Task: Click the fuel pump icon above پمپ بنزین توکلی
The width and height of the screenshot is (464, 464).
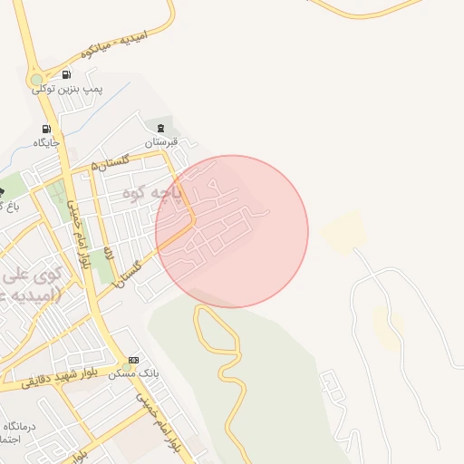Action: pyautogui.click(x=66, y=74)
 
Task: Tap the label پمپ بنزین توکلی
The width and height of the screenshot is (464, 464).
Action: pyautogui.click(x=69, y=89)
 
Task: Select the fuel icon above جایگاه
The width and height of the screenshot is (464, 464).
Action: pyautogui.click(x=46, y=129)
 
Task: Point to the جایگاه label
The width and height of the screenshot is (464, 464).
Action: pyautogui.click(x=46, y=142)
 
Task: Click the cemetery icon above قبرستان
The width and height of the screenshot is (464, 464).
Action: pyautogui.click(x=162, y=128)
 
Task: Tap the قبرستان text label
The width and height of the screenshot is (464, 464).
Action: pyautogui.click(x=162, y=142)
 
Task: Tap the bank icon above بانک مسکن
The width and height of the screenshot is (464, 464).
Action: pyautogui.click(x=135, y=360)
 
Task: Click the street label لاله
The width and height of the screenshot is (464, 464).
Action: pyautogui.click(x=108, y=253)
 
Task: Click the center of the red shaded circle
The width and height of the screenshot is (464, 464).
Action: pyautogui.click(x=232, y=231)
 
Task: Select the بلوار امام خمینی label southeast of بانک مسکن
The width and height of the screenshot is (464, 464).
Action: pyautogui.click(x=159, y=421)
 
